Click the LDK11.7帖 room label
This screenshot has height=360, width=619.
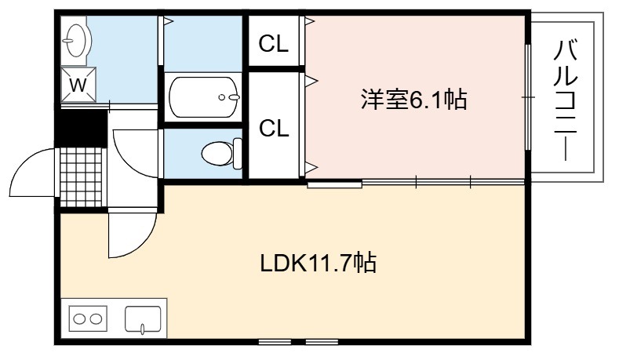(x=318, y=263)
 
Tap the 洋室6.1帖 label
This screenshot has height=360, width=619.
(x=414, y=100)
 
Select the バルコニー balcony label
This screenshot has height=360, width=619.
(x=566, y=100)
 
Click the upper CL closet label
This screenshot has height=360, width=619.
(x=273, y=44)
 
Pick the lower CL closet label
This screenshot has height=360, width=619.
(x=274, y=129)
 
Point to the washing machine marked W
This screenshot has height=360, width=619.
(x=78, y=85)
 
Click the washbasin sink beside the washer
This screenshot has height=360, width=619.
(x=76, y=40)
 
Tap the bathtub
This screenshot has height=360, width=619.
(x=203, y=96)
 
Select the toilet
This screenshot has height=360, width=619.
(x=221, y=153)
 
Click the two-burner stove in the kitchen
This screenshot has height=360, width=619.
(x=88, y=318)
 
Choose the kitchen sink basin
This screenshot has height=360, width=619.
(x=143, y=319)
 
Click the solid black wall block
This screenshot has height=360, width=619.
(x=81, y=129)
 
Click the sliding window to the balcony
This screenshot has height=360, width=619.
(x=528, y=97)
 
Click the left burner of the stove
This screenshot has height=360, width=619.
(x=79, y=318)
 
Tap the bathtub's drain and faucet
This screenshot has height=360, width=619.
(x=229, y=97)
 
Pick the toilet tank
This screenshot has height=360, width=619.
(x=237, y=153)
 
